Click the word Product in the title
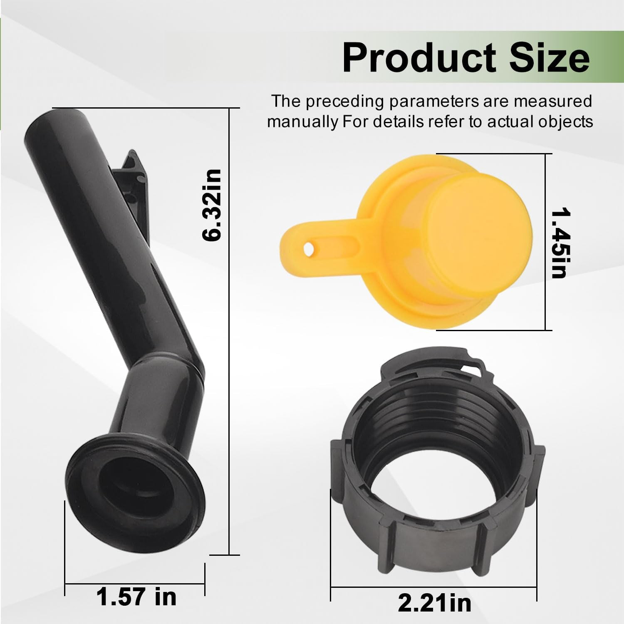click(419, 58)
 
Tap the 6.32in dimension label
click(212, 205)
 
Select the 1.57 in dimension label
click(136, 597)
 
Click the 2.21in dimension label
click(435, 603)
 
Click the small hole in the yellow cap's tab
click(308, 248)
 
